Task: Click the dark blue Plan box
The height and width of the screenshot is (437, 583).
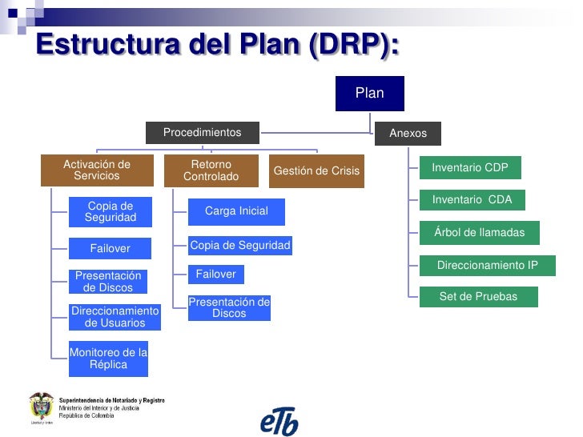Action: coord(369,94)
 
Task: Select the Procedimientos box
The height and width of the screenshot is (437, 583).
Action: coord(202,132)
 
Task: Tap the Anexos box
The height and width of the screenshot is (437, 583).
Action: coord(408,133)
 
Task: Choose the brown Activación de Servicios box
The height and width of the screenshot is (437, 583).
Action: coord(97,170)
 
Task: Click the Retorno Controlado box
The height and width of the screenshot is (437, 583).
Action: coord(211,170)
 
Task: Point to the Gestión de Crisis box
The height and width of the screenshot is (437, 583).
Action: coord(316,171)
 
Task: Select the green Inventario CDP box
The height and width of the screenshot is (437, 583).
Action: coord(470,168)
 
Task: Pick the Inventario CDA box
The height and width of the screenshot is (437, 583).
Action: coord(472,199)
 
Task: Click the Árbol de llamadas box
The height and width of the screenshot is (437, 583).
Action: coord(479,232)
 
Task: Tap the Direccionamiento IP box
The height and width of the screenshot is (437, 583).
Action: coord(487,265)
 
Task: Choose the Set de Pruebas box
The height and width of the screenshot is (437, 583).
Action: coord(478,297)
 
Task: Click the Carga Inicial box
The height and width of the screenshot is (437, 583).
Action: coord(236,211)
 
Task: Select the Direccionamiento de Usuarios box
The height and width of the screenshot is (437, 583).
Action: coord(115,317)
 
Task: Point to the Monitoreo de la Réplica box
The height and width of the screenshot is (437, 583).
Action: coord(108,359)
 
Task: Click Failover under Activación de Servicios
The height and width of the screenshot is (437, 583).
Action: coord(110,249)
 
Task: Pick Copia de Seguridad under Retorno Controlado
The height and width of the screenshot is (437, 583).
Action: coord(239,245)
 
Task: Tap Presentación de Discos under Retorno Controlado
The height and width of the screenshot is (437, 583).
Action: coord(229,308)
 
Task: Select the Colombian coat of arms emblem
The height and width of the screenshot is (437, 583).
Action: coord(42,407)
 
